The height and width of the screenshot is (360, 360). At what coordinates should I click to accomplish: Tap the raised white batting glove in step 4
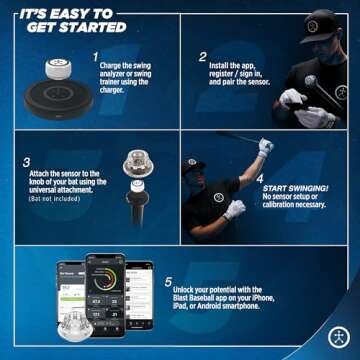point(264,147)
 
